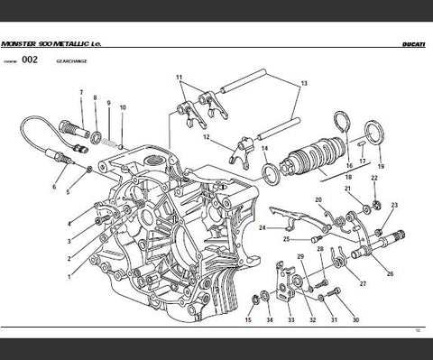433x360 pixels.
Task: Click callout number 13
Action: point(304,83)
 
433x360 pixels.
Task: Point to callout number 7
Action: point(81,94)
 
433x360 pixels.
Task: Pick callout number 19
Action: point(380,167)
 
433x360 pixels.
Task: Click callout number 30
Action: point(355,320)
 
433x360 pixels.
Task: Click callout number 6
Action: point(53,188)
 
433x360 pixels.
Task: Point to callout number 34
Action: point(269,320)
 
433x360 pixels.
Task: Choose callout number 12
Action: point(207,137)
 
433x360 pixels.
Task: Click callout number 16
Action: point(344,167)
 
